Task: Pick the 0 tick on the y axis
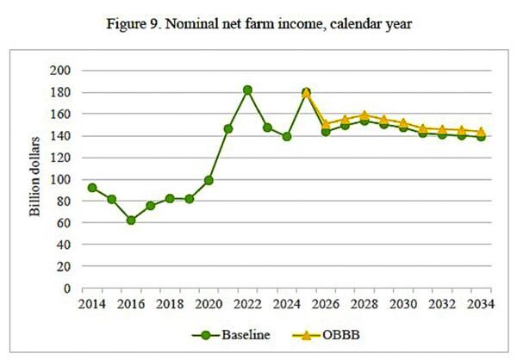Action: click(67, 288)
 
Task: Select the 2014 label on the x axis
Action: click(92, 304)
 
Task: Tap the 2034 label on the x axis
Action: click(481, 304)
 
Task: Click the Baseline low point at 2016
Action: click(131, 220)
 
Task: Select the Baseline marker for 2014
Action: click(92, 188)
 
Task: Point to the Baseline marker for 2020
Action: click(209, 180)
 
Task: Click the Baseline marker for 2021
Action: click(228, 128)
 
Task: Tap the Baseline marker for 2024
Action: click(286, 136)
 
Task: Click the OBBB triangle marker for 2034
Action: click(481, 132)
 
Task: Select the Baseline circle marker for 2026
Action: click(326, 132)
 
